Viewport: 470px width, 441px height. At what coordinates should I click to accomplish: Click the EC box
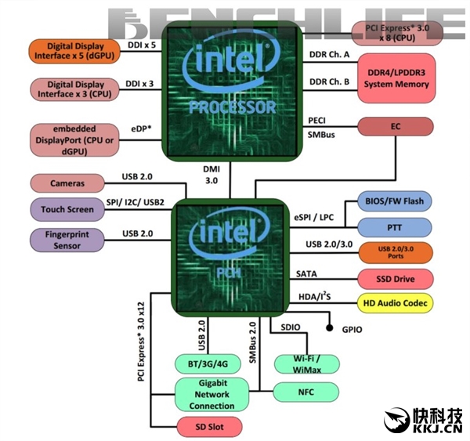(x=396, y=126)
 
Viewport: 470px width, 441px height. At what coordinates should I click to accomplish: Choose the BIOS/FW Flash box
(x=395, y=201)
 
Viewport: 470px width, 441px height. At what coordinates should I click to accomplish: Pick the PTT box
(x=395, y=227)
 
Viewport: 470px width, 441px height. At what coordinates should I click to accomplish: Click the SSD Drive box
(x=395, y=279)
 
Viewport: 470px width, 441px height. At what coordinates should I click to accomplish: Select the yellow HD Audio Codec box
(x=395, y=302)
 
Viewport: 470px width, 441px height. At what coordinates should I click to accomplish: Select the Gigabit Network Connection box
(x=211, y=395)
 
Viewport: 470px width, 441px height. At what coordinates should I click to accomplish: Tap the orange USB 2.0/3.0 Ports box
(x=395, y=253)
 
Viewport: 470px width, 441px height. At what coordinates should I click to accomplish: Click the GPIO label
(x=352, y=330)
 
